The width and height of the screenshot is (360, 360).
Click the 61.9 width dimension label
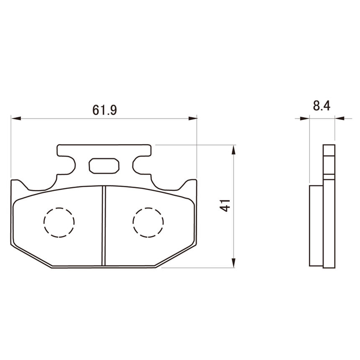(x=105, y=110)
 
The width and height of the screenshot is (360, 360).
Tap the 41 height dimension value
(x=225, y=205)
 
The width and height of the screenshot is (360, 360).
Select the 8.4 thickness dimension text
(x=321, y=106)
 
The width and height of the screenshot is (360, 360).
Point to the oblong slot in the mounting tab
(x=104, y=165)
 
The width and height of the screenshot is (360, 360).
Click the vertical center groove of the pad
(x=104, y=226)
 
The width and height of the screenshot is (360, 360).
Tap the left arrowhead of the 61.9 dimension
(x=16, y=118)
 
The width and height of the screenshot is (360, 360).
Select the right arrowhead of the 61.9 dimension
(x=193, y=118)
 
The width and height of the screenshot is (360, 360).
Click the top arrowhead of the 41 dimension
(x=234, y=150)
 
